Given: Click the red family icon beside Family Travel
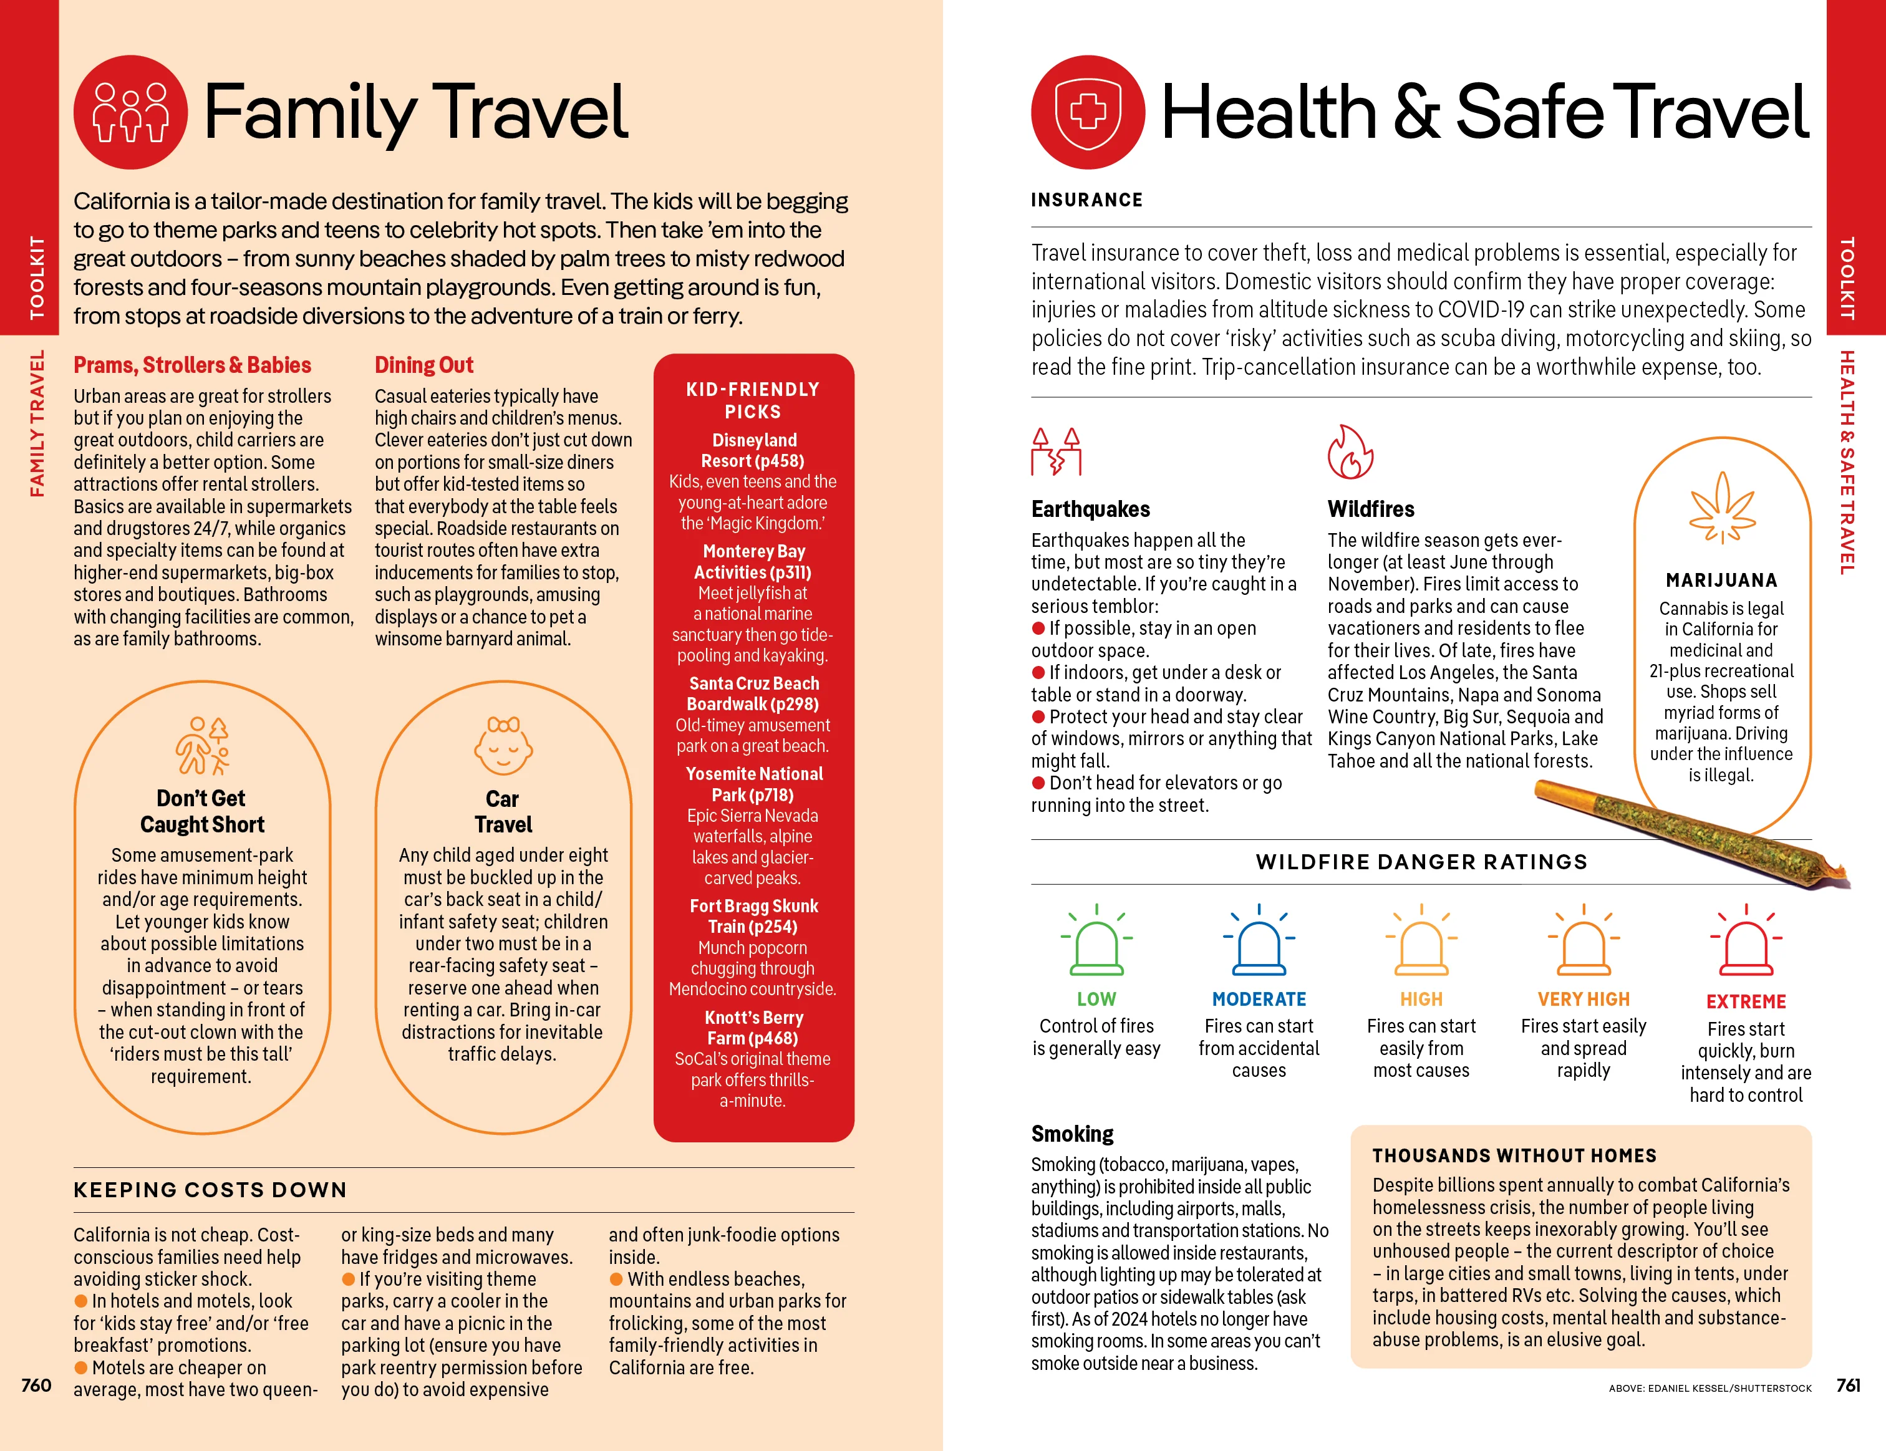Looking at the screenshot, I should (130, 112).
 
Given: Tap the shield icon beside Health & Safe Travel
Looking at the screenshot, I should (1088, 112).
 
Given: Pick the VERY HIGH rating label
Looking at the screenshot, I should (1584, 999).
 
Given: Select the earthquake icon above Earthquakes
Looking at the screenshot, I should (1056, 451).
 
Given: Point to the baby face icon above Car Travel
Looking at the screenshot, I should (503, 746).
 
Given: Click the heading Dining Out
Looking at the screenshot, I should (424, 365).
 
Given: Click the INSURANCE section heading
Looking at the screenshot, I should (1086, 200).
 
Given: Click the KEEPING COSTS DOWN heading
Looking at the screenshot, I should (210, 1190).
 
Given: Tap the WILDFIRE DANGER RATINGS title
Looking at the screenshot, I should (1421, 862).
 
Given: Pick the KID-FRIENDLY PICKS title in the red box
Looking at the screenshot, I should (753, 400).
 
